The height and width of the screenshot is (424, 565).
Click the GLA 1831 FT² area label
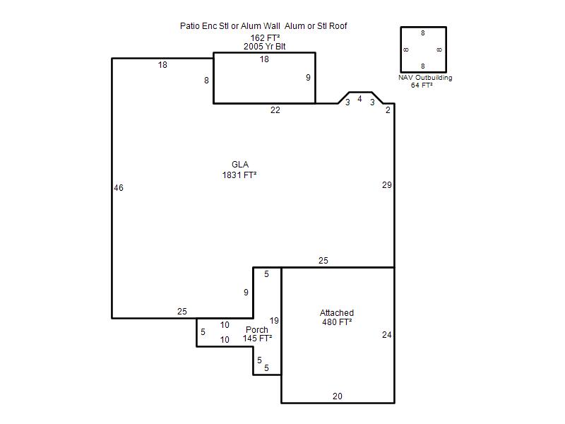239,170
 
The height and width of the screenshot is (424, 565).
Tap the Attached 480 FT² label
337,317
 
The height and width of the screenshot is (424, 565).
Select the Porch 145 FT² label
257,334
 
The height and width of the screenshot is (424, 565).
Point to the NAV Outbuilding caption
425,78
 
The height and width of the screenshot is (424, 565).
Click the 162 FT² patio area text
266,38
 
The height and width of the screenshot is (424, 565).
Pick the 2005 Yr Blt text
264,47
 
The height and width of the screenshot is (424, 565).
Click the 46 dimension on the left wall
119,188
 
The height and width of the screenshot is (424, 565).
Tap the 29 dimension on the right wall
386,185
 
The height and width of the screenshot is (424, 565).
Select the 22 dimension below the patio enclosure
275,110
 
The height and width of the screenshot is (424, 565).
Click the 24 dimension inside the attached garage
386,335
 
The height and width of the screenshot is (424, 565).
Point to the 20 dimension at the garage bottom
338,396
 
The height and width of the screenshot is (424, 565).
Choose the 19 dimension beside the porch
274,321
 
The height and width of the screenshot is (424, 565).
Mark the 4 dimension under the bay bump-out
359,99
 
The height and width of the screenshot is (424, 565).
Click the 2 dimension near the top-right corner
388,110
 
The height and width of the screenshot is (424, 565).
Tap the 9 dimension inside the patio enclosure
308,78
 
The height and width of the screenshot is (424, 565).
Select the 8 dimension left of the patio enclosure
206,81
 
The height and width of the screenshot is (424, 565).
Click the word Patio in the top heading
189,26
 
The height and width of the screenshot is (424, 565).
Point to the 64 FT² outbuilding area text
422,85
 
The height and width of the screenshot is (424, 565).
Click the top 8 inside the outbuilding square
423,33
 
